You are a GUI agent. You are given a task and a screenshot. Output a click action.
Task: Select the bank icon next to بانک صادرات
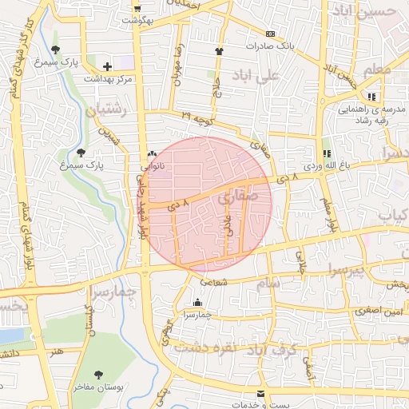270,34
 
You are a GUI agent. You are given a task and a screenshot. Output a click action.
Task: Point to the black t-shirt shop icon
219,52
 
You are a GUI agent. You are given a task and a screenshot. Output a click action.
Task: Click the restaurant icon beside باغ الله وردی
326,153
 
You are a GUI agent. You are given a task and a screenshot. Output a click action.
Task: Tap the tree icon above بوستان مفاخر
98,374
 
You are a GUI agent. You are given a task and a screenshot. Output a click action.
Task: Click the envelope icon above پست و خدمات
260,394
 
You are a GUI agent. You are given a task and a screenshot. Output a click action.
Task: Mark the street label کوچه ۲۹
197,117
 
